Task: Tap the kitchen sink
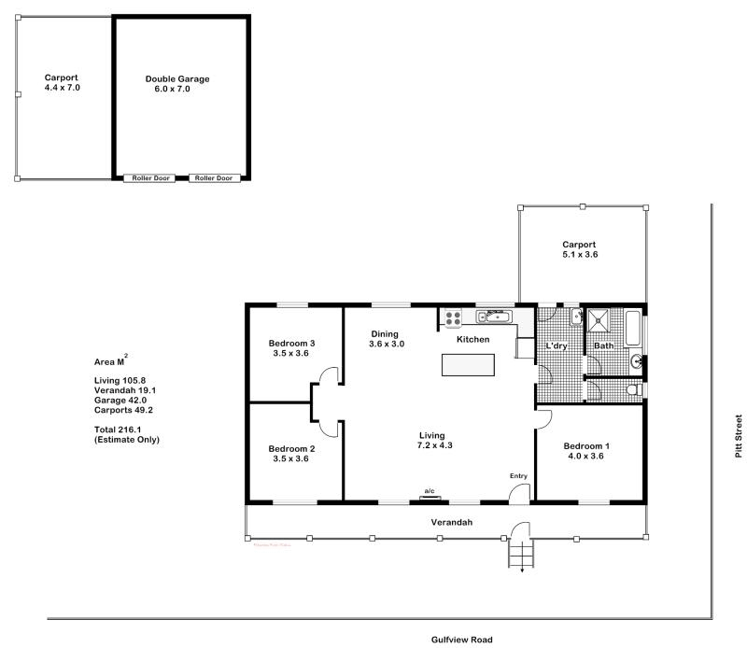coord(496,316)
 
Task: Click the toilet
coord(633,389)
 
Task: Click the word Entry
coord(518,476)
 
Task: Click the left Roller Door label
coord(149,177)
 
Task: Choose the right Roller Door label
coord(215,177)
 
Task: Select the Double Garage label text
coord(177,79)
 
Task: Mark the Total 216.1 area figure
coord(118,430)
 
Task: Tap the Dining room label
coord(385,334)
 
